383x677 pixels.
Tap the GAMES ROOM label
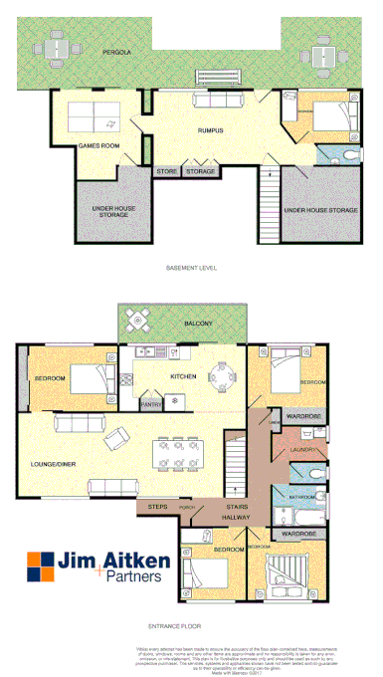[x=98, y=146]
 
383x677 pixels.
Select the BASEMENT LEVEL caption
[x=191, y=269]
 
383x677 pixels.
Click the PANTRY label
[x=151, y=404]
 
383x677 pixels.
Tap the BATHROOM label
[x=302, y=496]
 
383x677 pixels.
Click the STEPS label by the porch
[x=157, y=508]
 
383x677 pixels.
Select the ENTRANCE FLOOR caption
[x=190, y=627]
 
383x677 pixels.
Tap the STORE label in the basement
[x=166, y=172]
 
